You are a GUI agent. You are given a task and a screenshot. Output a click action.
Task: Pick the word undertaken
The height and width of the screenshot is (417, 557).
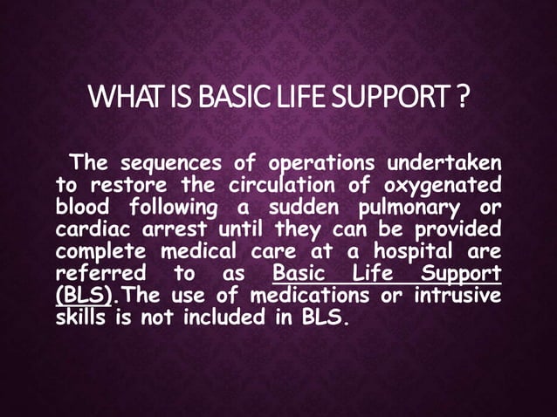click(x=444, y=163)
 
